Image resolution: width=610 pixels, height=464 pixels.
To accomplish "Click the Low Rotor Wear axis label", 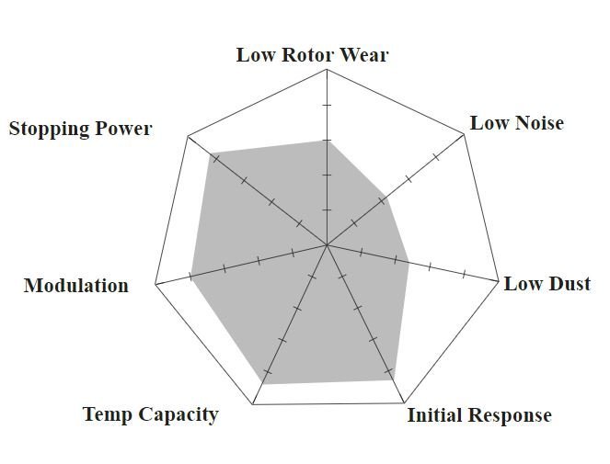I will point(312,54).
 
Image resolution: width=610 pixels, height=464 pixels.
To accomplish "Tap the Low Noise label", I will point(516,123).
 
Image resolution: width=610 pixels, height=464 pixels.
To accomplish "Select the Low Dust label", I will point(547,284).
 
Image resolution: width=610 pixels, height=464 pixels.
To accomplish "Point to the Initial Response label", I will point(478,415).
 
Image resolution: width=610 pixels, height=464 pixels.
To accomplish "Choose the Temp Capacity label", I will point(150,414).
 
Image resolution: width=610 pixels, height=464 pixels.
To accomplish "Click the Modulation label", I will point(76,285).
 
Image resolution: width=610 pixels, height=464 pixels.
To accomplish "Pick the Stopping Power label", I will point(80,129).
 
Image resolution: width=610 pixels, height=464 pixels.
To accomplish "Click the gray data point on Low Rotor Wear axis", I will point(327,140).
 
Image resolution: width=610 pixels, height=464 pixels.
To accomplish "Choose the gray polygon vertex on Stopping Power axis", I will point(211,153).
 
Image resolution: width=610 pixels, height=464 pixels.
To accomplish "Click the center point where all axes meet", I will point(327,245).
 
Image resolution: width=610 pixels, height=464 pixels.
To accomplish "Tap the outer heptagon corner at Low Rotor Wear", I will point(327,72).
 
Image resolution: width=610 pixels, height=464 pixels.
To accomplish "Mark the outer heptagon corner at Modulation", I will point(155,284).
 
